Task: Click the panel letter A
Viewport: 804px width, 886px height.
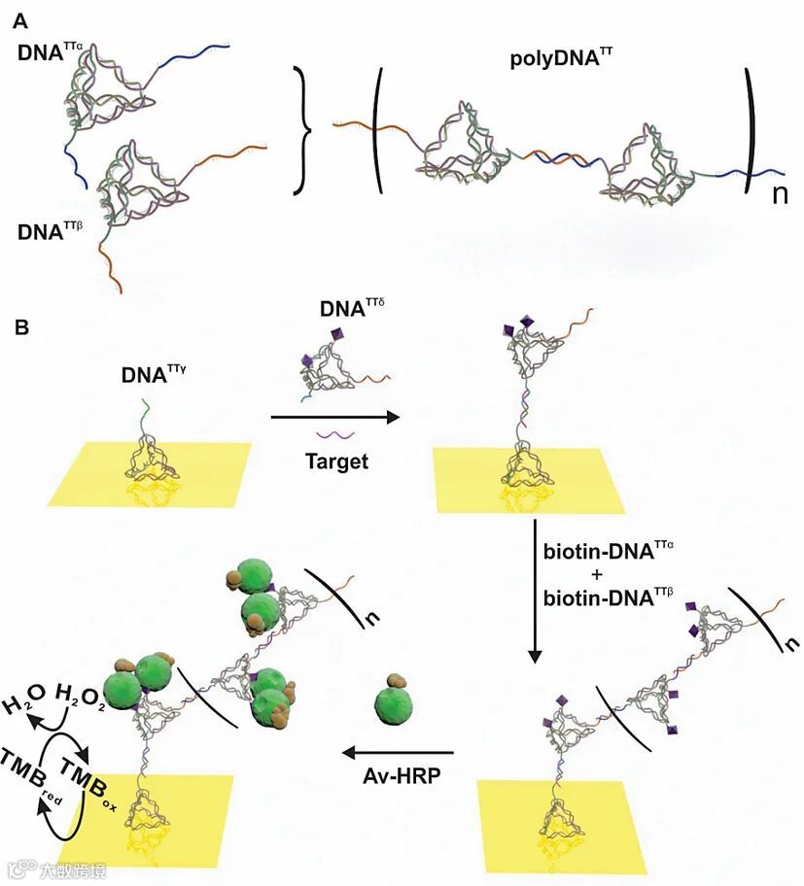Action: (19, 17)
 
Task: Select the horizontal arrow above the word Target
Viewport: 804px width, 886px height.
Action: (335, 418)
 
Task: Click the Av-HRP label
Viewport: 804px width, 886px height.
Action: (399, 777)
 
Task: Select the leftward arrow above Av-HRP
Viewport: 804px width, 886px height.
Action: (399, 751)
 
